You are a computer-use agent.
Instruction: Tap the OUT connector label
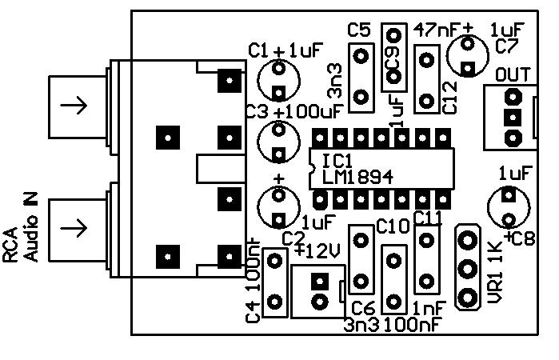[512, 75]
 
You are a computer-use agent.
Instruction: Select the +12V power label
[317, 250]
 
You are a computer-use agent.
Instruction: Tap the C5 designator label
[359, 30]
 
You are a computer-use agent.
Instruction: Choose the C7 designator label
[507, 46]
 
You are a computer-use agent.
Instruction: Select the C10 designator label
[392, 226]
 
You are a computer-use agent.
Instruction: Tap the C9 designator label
[392, 54]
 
